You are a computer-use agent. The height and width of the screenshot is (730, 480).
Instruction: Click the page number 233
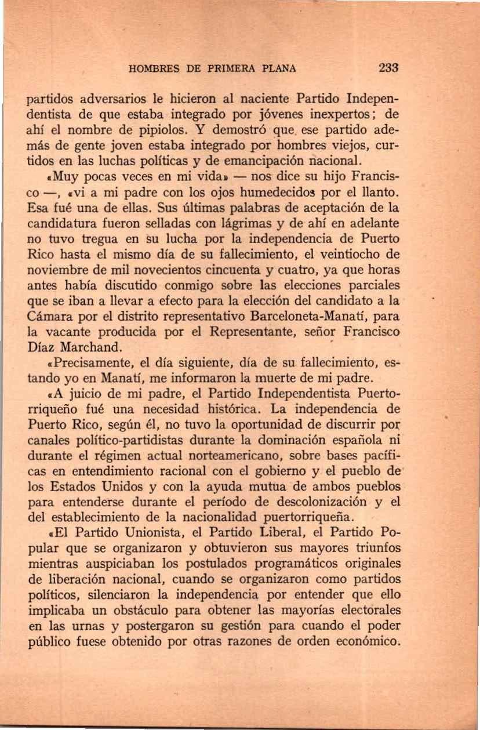click(x=388, y=68)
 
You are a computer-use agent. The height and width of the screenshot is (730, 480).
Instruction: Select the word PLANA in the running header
click(x=278, y=68)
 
